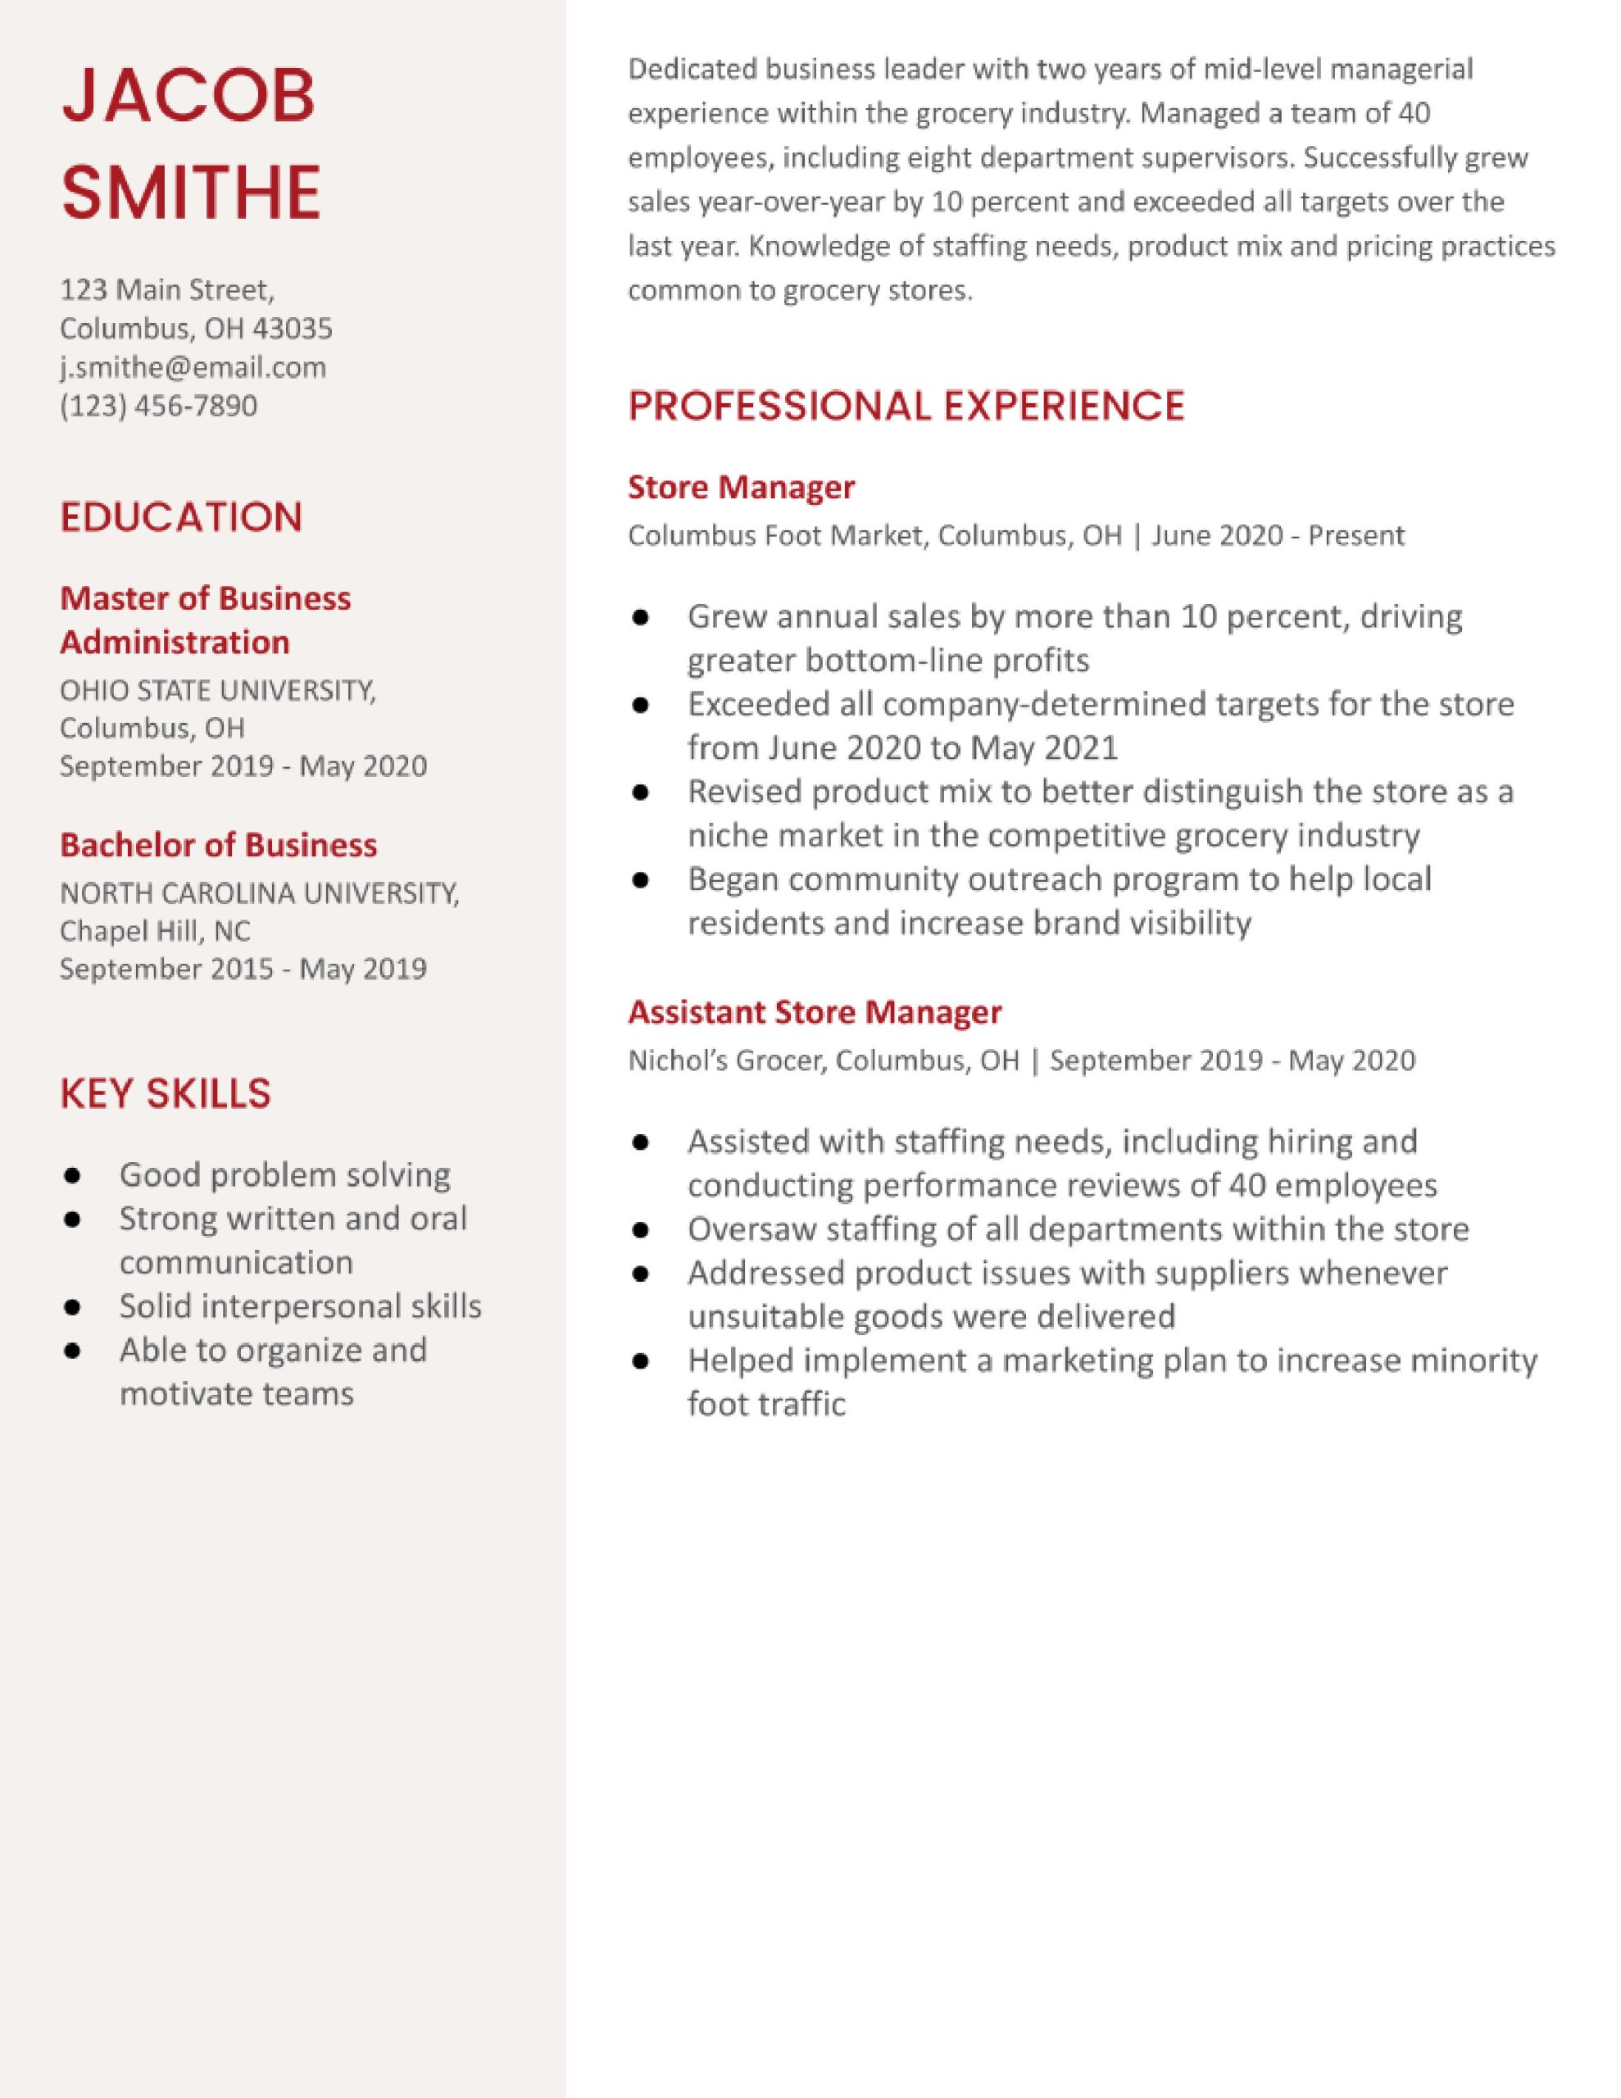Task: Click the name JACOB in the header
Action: (188, 96)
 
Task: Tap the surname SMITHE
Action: (190, 191)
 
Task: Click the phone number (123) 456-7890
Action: (158, 406)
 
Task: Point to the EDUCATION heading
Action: (180, 518)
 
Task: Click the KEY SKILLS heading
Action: (166, 1093)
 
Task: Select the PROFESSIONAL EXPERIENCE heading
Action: (906, 406)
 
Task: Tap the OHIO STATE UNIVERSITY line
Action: (217, 690)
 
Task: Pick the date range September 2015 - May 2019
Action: (243, 969)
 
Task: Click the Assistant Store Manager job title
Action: (815, 1011)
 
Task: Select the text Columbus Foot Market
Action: (774, 535)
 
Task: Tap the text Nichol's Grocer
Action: (725, 1060)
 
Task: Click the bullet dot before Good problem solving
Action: (72, 1176)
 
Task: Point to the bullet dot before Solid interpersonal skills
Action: (72, 1307)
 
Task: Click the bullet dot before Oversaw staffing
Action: (641, 1229)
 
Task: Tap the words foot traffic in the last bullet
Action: (765, 1405)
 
